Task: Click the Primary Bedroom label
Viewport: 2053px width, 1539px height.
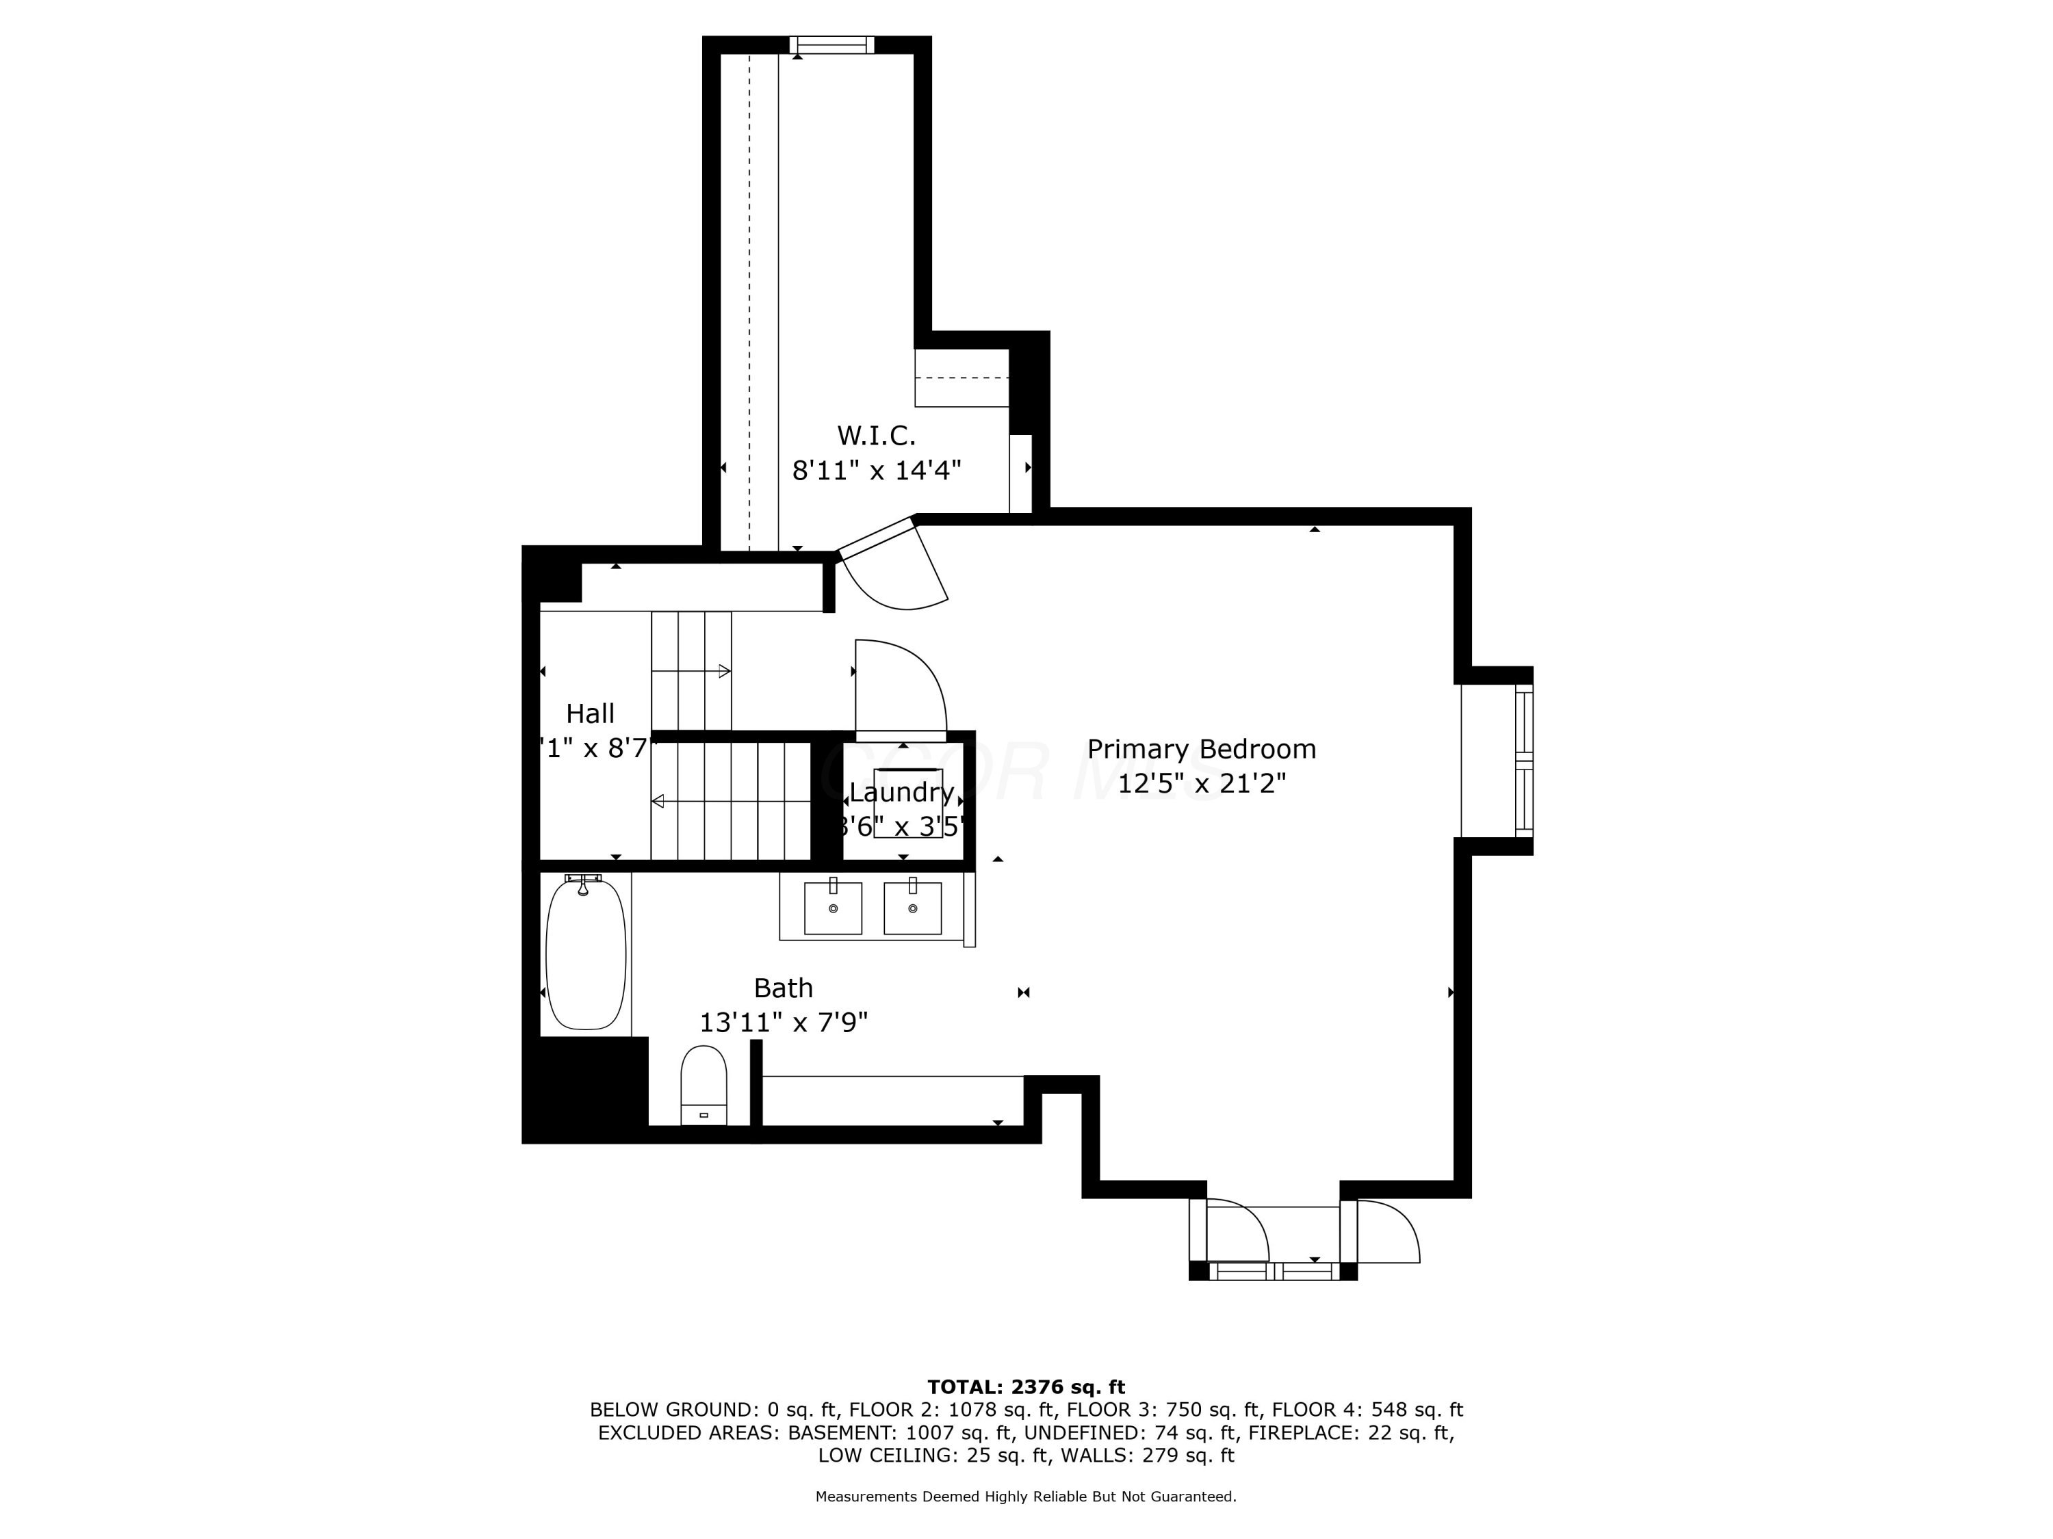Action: (x=1201, y=748)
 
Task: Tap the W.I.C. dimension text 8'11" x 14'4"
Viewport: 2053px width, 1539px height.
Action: (x=875, y=471)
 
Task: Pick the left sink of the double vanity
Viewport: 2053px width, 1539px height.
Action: (x=833, y=908)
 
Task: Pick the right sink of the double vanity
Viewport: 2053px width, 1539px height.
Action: (x=912, y=908)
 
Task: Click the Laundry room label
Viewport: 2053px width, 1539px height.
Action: (x=901, y=792)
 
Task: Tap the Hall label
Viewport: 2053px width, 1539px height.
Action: (x=591, y=713)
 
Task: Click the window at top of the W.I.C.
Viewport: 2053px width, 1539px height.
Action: (x=831, y=44)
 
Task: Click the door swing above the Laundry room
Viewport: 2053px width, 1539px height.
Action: (x=899, y=687)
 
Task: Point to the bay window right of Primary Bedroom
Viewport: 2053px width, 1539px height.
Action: (x=1523, y=760)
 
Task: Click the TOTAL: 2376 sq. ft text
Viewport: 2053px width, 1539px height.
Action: (x=1026, y=1387)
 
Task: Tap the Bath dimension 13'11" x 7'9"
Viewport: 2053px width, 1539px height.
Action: (x=784, y=1023)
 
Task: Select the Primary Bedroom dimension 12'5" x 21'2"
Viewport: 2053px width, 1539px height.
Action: (x=1201, y=784)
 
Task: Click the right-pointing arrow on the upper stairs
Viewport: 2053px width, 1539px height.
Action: (x=724, y=671)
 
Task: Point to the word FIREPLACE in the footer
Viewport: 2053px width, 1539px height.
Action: (x=1293, y=1432)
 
